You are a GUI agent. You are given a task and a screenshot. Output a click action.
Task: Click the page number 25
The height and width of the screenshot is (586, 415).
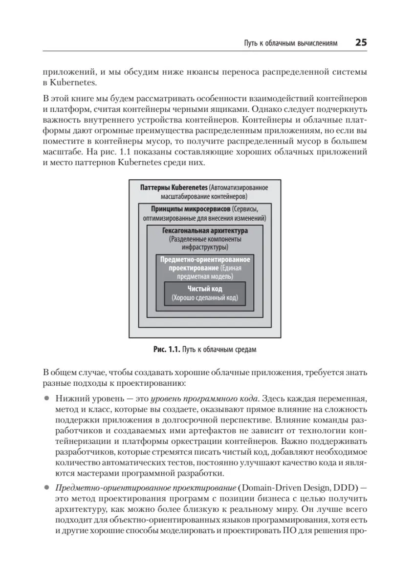361,42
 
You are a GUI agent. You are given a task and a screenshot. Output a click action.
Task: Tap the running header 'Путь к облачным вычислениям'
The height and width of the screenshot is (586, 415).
291,43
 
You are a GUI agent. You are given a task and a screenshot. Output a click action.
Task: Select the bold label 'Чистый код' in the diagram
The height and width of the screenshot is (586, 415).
205,289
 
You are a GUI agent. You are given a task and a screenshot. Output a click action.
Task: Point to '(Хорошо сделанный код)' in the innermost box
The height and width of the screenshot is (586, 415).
205,298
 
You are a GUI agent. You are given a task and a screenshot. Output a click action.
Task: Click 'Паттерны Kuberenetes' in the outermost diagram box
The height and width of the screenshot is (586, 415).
174,188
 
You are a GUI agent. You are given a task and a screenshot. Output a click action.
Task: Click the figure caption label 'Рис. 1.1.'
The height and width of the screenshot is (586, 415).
167,350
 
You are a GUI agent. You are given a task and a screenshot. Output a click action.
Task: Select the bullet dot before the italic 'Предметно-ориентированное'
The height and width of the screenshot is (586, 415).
47,487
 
